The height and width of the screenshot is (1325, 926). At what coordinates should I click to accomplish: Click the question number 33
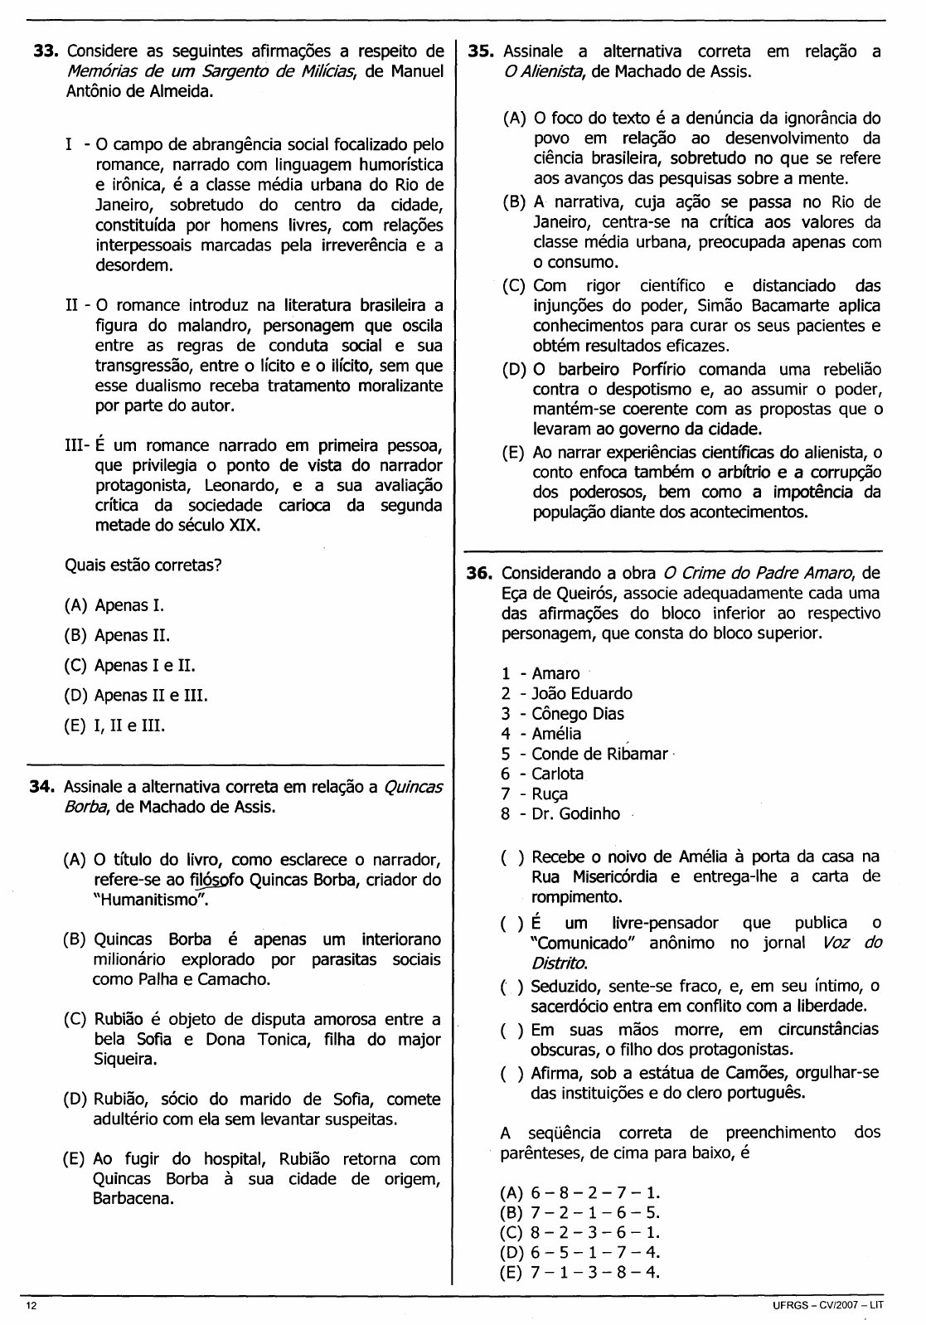(44, 51)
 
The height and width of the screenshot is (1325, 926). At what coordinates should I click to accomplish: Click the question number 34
(43, 786)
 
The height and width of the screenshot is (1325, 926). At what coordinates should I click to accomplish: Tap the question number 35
(482, 51)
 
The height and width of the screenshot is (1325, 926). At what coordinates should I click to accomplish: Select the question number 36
(481, 573)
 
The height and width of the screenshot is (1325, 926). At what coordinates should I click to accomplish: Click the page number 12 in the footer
(32, 1306)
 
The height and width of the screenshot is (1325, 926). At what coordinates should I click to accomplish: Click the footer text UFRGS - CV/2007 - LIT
(827, 1306)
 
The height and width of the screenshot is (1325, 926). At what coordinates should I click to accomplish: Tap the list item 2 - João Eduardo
(566, 693)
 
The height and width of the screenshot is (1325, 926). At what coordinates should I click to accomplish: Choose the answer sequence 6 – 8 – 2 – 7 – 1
(580, 1193)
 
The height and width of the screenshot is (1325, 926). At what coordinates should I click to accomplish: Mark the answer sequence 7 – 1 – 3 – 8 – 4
(580, 1273)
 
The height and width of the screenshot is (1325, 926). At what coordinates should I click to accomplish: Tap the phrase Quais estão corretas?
(143, 565)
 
